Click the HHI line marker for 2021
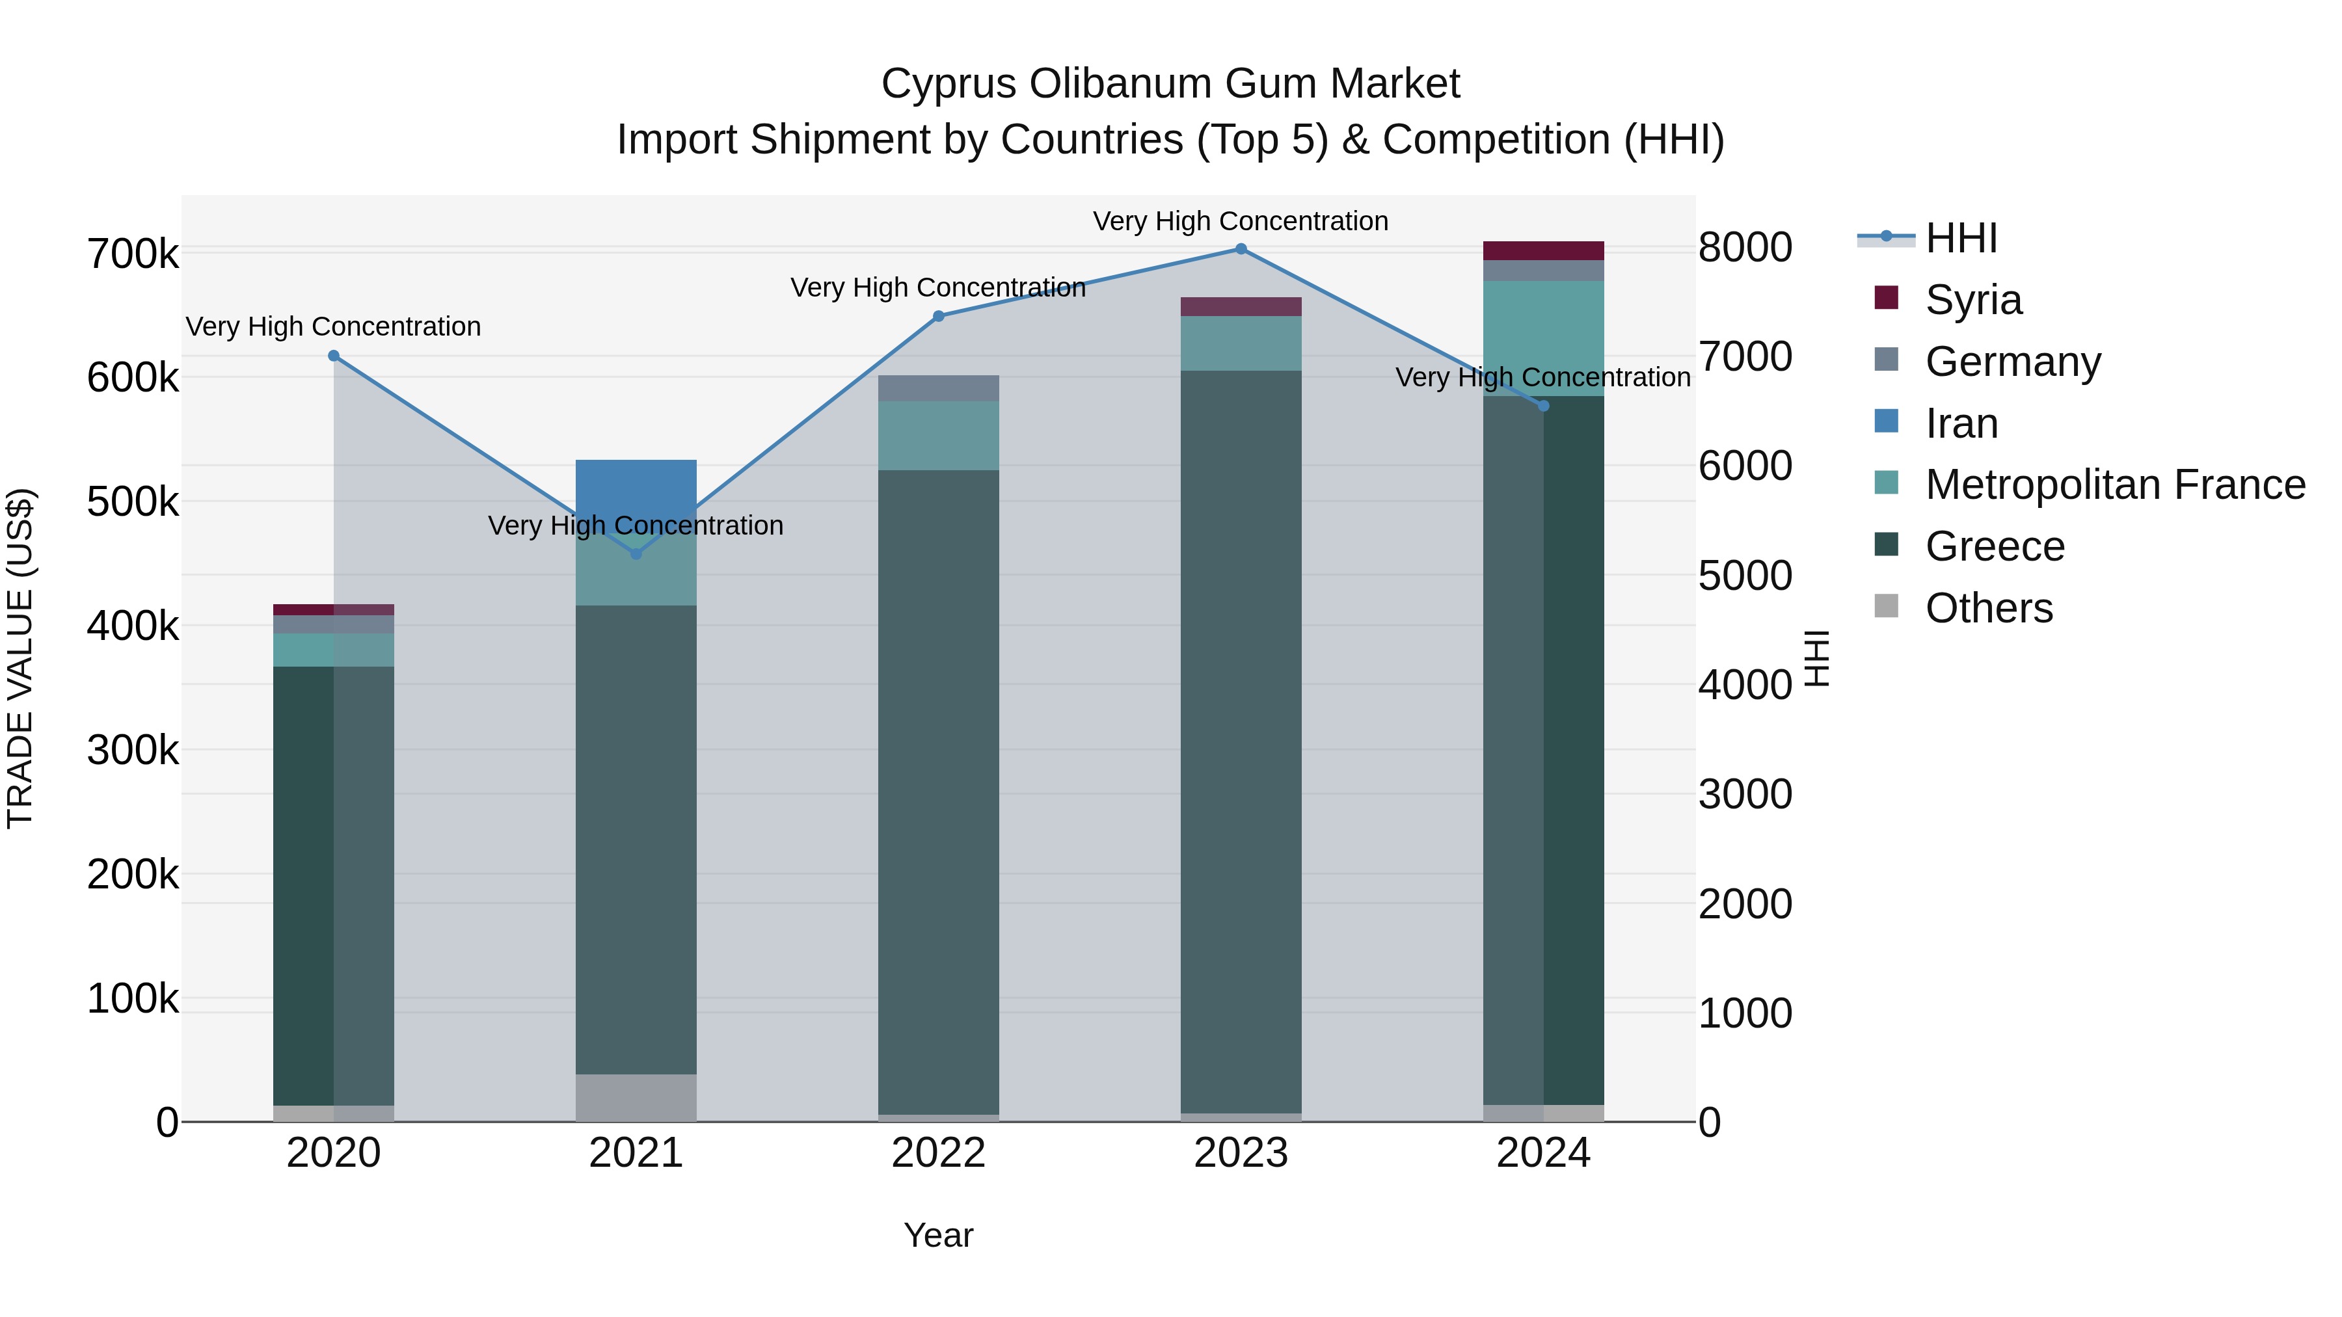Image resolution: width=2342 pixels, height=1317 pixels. (636, 553)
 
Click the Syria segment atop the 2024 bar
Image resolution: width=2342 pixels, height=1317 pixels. (1543, 251)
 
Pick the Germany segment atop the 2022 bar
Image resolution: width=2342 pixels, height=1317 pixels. (938, 388)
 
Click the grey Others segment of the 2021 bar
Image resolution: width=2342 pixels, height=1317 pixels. (636, 1097)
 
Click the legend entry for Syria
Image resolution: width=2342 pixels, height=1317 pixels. (1973, 300)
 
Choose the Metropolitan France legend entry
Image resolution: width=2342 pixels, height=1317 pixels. (2115, 485)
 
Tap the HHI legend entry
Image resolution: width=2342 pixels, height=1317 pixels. (1961, 238)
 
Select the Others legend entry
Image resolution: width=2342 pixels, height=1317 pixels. (1988, 608)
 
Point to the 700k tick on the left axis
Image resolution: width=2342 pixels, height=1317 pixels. (133, 254)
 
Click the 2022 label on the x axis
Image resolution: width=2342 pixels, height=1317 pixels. (938, 1153)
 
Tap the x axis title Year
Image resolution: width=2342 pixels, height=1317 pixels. (938, 1235)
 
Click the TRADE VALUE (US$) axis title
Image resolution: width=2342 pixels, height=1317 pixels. (20, 658)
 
